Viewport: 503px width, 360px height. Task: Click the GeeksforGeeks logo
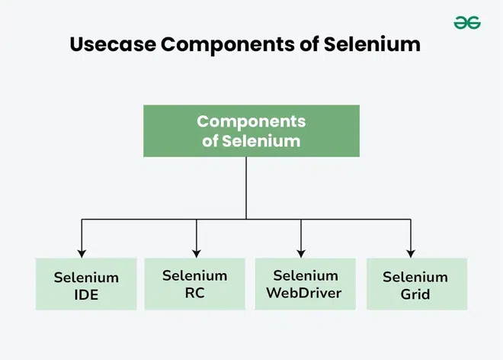point(467,22)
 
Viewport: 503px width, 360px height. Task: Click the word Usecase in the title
point(113,44)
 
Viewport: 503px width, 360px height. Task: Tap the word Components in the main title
point(227,45)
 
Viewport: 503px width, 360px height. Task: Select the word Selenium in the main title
point(372,44)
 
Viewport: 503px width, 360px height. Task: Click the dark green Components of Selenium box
point(251,130)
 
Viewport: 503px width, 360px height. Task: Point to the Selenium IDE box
point(86,284)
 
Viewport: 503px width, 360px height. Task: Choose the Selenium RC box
point(194,284)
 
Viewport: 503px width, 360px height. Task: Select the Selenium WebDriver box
point(305,284)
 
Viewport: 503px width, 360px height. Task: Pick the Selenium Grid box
point(417,284)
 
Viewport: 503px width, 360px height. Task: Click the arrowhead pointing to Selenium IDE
point(82,254)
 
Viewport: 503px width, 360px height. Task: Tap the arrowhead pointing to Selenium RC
point(197,254)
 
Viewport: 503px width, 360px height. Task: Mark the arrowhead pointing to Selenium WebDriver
point(301,254)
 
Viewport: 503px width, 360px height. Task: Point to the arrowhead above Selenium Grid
point(411,254)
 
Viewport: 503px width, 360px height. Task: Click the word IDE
point(86,295)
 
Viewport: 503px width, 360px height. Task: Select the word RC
point(194,293)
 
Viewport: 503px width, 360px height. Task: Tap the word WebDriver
point(304,293)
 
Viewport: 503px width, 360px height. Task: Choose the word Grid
point(415,294)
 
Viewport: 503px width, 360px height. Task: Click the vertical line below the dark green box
point(246,188)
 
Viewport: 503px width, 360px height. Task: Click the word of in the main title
point(309,44)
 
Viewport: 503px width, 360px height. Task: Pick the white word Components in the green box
point(251,122)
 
